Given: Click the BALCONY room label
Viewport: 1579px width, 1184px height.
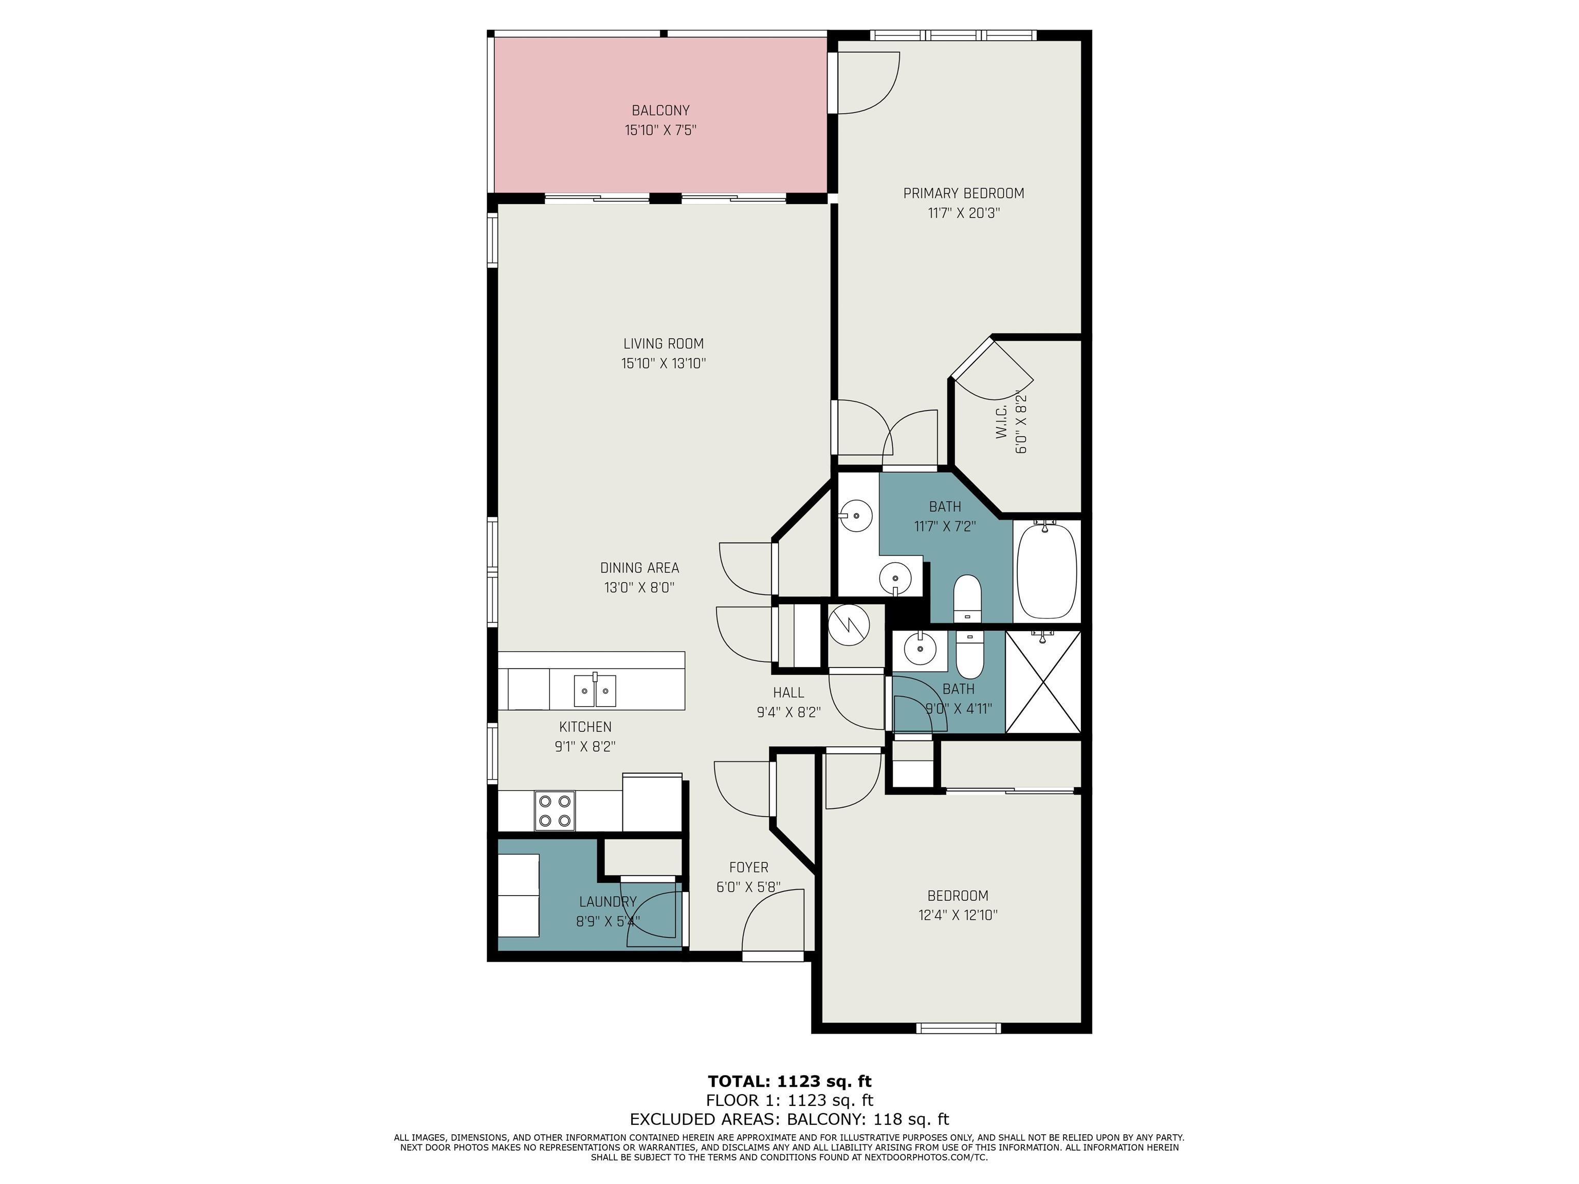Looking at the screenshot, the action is [660, 110].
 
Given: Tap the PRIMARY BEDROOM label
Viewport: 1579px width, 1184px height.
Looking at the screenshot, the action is [964, 193].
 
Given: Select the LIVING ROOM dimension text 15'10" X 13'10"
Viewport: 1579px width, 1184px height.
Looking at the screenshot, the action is [663, 363].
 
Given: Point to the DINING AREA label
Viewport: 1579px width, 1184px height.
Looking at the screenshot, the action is [639, 568].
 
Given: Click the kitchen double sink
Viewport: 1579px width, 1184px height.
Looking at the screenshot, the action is [595, 690].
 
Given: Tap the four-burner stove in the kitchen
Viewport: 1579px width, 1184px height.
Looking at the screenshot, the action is [555, 811].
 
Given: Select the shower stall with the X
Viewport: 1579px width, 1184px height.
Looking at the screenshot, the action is [1043, 681].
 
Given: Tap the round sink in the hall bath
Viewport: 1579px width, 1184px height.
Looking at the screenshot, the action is [920, 649].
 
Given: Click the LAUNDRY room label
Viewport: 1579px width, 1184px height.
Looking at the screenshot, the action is [608, 902].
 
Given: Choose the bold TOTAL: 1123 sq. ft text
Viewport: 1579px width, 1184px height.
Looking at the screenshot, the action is [789, 1081].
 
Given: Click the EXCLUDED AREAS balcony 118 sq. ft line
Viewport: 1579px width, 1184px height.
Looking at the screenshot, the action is [789, 1119].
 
